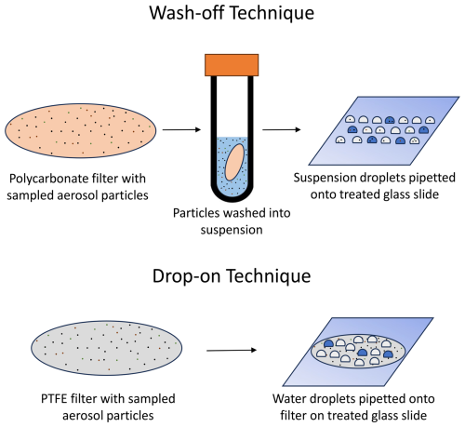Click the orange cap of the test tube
(232, 65)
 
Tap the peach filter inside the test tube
(234, 163)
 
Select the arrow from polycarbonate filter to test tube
(182, 129)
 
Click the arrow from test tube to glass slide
(282, 129)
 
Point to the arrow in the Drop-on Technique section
(232, 351)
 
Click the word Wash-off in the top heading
(187, 13)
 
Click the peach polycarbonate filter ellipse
(81, 130)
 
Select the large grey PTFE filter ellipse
(106, 348)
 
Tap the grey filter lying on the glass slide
(358, 352)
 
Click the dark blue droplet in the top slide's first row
(390, 120)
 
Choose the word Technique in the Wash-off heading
(272, 13)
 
